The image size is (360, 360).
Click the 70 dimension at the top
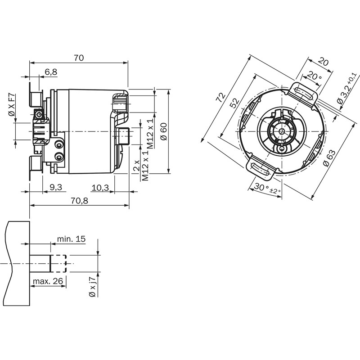(x=79, y=58)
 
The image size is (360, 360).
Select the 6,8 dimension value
(x=51, y=72)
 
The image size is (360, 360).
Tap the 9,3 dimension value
(x=56, y=187)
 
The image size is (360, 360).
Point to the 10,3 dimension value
(x=100, y=187)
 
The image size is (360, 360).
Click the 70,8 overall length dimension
(x=79, y=201)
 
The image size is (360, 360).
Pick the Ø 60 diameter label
(x=164, y=131)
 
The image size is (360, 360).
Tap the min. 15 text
(x=71, y=239)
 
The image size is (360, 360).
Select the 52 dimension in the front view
(x=234, y=103)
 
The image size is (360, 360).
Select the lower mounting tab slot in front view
(x=262, y=168)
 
